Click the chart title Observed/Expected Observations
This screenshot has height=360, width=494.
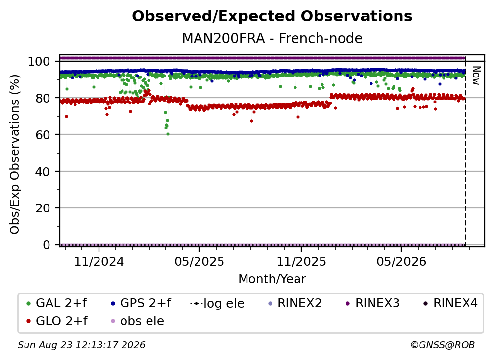(x=272, y=16)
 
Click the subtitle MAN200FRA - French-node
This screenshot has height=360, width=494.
(x=272, y=38)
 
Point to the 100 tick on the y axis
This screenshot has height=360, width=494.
(x=39, y=61)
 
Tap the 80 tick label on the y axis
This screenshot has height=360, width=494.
(x=43, y=98)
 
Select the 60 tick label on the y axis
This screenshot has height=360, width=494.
(x=43, y=134)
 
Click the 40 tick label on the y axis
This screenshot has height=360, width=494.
(x=43, y=172)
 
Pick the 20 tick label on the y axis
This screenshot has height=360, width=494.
(x=43, y=208)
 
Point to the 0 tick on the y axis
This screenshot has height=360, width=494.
(x=46, y=245)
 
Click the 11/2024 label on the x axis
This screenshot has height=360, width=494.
(x=99, y=261)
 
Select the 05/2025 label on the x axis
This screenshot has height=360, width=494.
(x=199, y=261)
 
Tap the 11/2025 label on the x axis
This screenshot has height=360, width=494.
(x=301, y=261)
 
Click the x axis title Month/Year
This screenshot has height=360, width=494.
(x=272, y=279)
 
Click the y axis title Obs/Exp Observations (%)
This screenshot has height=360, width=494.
(x=15, y=154)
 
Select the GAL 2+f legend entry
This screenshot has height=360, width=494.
(x=57, y=303)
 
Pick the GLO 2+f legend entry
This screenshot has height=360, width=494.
(x=57, y=321)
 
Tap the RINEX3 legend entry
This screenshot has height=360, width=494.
(x=372, y=303)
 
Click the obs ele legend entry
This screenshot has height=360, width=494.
(x=136, y=321)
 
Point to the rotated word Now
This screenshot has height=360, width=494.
(x=476, y=76)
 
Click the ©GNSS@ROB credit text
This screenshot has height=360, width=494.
(x=443, y=345)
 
